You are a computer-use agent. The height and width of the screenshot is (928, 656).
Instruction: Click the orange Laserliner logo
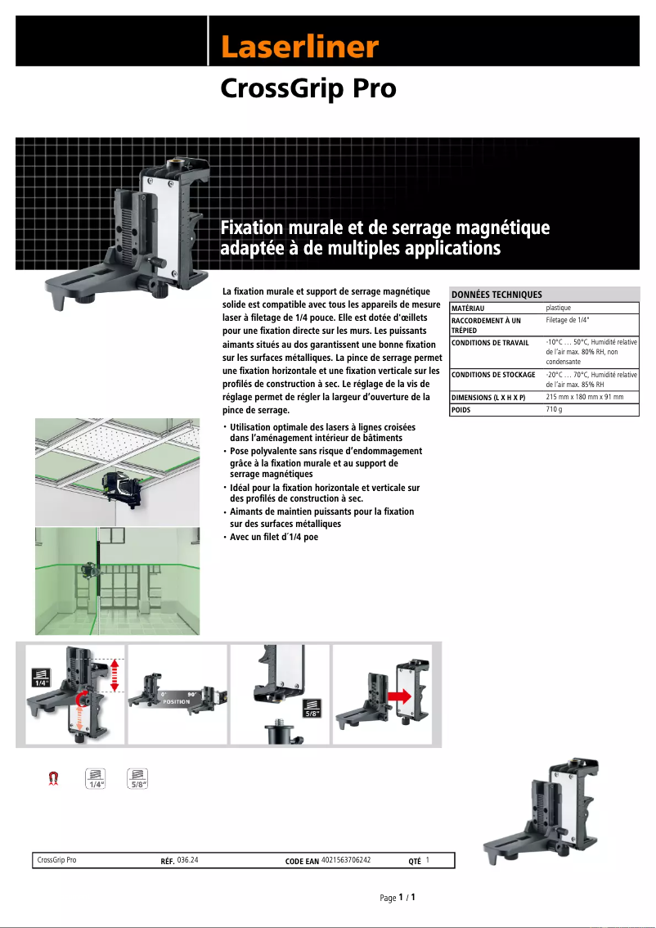(x=299, y=47)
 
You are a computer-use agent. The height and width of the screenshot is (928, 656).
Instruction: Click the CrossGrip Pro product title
(x=308, y=88)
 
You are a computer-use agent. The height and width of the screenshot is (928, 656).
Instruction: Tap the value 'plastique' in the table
(x=559, y=308)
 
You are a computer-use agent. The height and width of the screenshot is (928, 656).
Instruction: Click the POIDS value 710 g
(x=554, y=408)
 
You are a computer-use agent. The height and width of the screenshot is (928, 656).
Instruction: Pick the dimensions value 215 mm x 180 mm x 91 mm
(x=584, y=396)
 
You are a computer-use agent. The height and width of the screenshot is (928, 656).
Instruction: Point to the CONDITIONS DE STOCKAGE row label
(x=493, y=375)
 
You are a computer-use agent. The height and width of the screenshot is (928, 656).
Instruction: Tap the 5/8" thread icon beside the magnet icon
(x=138, y=778)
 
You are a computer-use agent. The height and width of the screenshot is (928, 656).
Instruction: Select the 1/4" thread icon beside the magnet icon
(x=97, y=778)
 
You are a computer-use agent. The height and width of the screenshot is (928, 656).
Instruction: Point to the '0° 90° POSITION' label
(x=177, y=697)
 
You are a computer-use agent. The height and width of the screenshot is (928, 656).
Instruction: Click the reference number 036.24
(x=188, y=861)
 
